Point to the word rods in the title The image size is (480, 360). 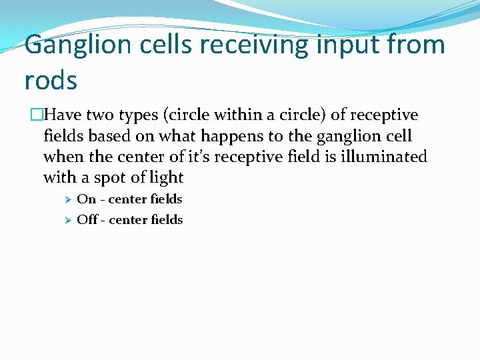click(x=51, y=80)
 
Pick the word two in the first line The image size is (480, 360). click(x=101, y=115)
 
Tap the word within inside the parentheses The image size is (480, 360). click(x=242, y=115)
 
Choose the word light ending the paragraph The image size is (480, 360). click(x=167, y=177)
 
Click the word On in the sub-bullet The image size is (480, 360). click(x=87, y=199)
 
